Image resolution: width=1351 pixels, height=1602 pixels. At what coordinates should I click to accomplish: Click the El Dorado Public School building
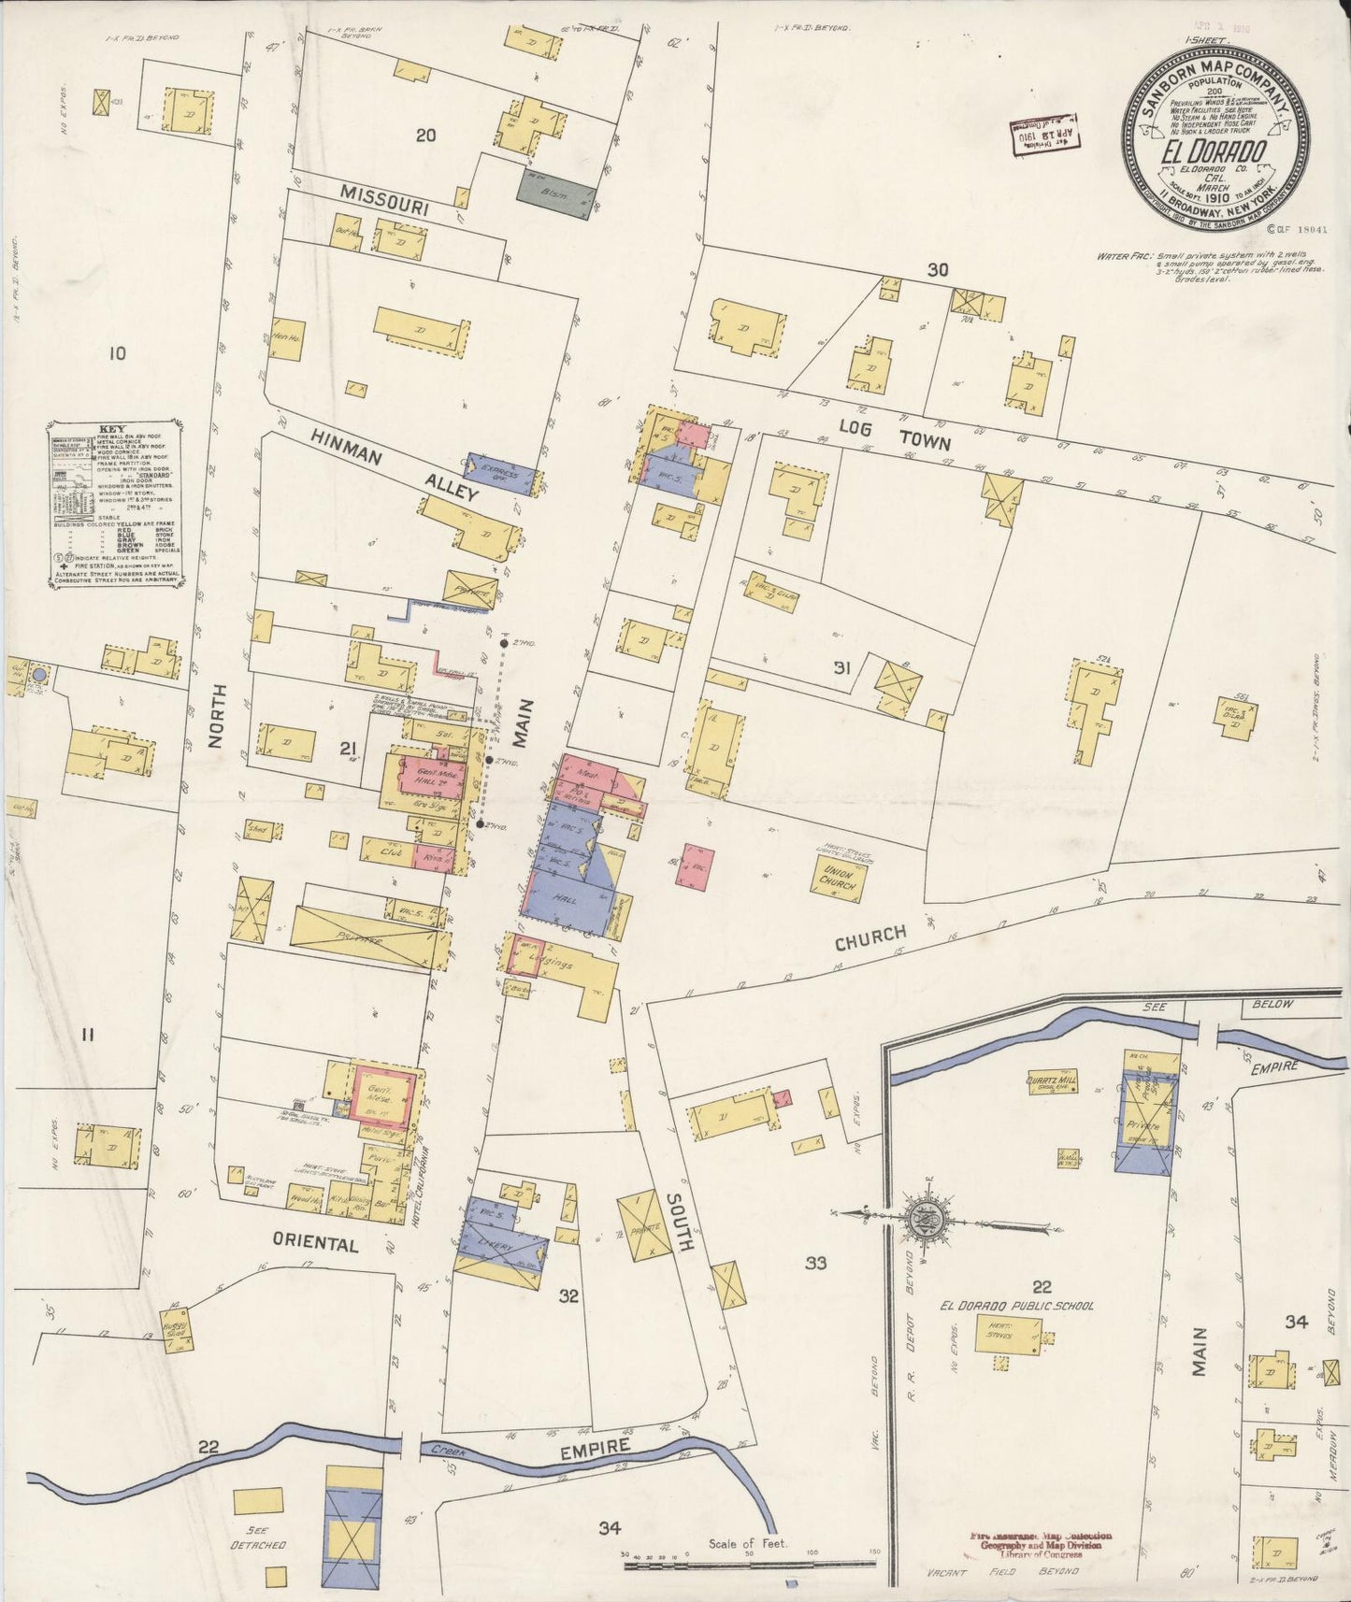click(1009, 1337)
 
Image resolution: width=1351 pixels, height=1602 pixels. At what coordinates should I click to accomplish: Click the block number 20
click(425, 136)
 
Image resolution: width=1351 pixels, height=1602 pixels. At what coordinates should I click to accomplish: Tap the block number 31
click(841, 667)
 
